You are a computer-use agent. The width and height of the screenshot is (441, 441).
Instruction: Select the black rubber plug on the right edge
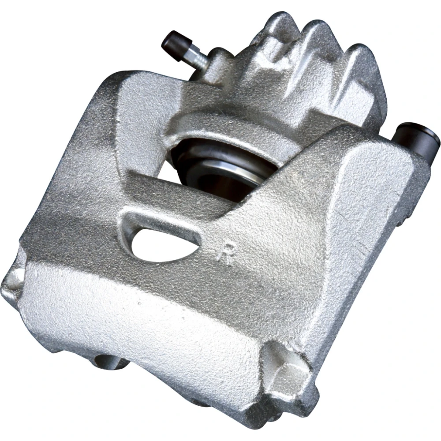pos(416,137)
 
